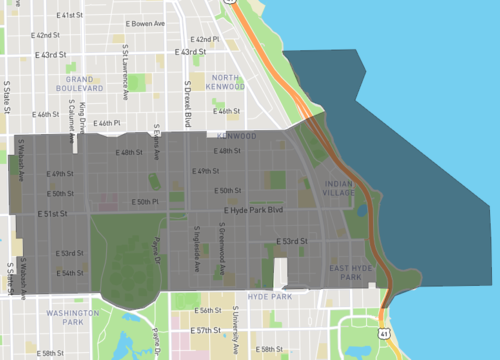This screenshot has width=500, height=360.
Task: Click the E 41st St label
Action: click(x=70, y=16)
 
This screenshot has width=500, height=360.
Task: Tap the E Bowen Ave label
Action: click(x=145, y=23)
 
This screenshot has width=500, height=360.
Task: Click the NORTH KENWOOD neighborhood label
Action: click(x=225, y=82)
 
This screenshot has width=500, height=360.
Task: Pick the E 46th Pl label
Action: click(x=106, y=123)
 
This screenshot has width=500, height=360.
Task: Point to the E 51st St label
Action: click(x=51, y=213)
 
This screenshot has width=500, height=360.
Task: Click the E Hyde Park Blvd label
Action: click(x=254, y=211)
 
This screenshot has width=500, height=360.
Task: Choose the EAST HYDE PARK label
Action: click(x=353, y=271)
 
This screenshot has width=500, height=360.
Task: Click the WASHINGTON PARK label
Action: click(x=72, y=317)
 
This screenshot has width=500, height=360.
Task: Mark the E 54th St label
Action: click(x=70, y=272)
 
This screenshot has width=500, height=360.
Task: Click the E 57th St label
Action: click(x=208, y=330)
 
